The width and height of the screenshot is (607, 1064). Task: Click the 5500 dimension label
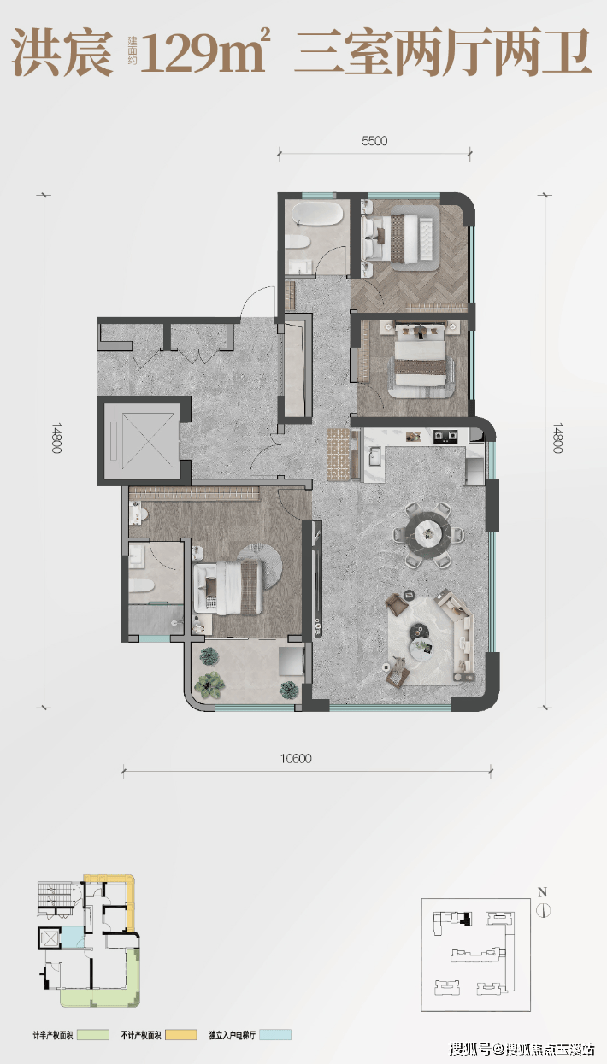click(x=374, y=141)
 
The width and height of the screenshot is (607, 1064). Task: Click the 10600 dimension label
click(x=296, y=759)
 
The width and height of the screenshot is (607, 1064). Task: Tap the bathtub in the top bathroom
click(x=317, y=214)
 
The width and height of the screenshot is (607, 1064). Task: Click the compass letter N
click(x=542, y=892)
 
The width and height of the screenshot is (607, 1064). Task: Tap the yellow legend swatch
click(x=181, y=1034)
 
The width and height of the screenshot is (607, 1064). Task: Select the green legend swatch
click(x=93, y=1034)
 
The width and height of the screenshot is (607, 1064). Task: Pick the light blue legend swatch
click(x=275, y=1034)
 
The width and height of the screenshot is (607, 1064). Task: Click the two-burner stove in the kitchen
click(x=445, y=436)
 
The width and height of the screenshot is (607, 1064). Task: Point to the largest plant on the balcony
click(x=209, y=685)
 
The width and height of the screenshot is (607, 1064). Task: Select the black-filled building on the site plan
click(x=468, y=919)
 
